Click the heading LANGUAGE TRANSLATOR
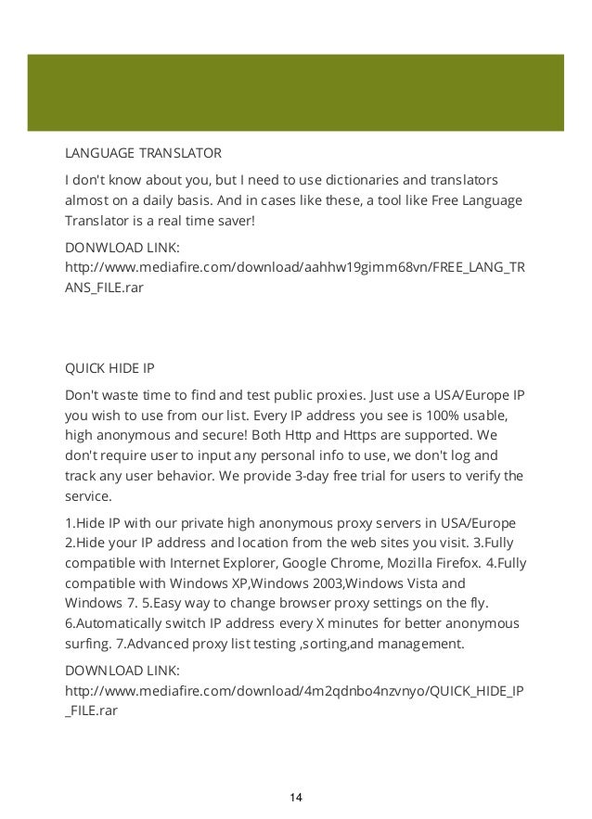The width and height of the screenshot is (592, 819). pos(142,152)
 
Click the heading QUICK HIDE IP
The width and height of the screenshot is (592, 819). pos(109,368)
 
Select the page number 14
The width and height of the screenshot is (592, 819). pos(296,798)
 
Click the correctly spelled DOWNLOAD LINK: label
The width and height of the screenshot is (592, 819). pos(121,671)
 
